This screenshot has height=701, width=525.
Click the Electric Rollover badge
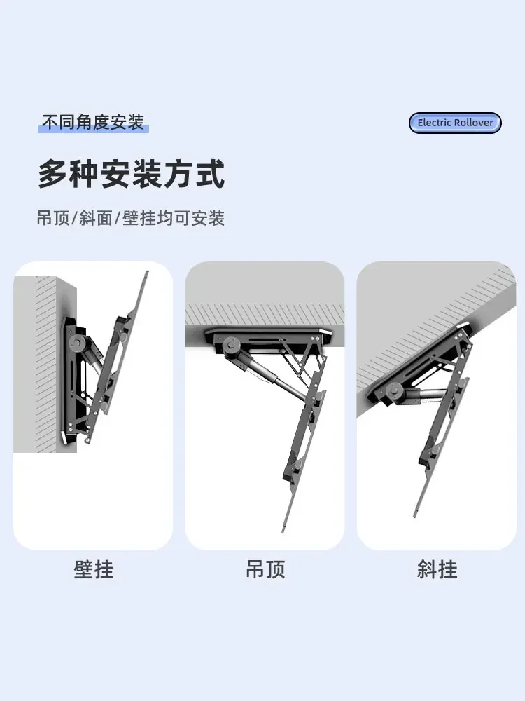455,123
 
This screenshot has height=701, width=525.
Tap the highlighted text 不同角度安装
93,122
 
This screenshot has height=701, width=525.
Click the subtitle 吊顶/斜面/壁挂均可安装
130,218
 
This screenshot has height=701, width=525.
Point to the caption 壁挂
94,569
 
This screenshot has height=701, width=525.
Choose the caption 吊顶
265,569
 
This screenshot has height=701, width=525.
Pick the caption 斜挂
437,569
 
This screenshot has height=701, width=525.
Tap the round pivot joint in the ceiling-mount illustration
231,345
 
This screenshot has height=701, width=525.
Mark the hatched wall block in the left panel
46,364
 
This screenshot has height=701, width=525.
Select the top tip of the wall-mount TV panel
147,272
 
